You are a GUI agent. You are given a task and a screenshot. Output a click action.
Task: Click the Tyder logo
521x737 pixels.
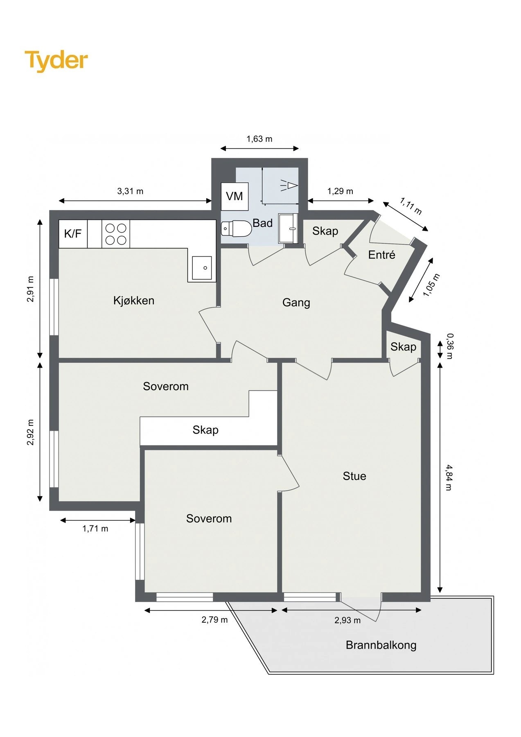point(56,61)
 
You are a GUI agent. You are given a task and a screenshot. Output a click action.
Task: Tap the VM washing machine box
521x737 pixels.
point(235,197)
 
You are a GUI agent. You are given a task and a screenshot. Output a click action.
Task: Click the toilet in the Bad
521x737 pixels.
point(236,229)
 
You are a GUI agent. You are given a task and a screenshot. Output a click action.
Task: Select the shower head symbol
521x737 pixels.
point(289,186)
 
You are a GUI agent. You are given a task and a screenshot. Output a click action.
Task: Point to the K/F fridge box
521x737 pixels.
point(73,234)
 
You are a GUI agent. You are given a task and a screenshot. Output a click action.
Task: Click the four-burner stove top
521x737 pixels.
point(116,234)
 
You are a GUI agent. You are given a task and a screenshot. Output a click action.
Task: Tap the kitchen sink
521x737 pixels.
point(202,268)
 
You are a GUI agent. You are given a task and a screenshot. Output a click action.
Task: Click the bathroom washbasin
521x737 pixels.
point(289,228)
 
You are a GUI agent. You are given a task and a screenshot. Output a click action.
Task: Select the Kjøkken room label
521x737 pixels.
point(134,301)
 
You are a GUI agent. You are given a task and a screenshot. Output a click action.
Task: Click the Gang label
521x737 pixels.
point(296,303)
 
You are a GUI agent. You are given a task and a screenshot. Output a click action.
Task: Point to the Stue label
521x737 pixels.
point(354,476)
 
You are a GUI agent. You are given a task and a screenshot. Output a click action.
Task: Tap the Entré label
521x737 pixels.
point(381,255)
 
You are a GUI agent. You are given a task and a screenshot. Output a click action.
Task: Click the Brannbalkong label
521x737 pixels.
point(381,645)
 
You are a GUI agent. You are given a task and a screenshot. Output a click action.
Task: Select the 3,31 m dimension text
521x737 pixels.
point(130,191)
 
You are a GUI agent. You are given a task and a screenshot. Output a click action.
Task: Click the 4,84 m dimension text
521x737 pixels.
point(449,477)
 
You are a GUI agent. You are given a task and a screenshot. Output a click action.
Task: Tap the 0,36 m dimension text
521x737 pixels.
point(449,346)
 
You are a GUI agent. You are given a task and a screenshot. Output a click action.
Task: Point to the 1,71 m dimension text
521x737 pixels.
point(95,529)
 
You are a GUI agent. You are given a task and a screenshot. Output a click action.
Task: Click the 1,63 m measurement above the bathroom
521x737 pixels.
point(259,139)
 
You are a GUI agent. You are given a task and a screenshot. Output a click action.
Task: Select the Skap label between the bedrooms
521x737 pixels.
point(205,430)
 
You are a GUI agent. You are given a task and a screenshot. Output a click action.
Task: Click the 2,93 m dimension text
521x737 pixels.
point(347,620)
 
